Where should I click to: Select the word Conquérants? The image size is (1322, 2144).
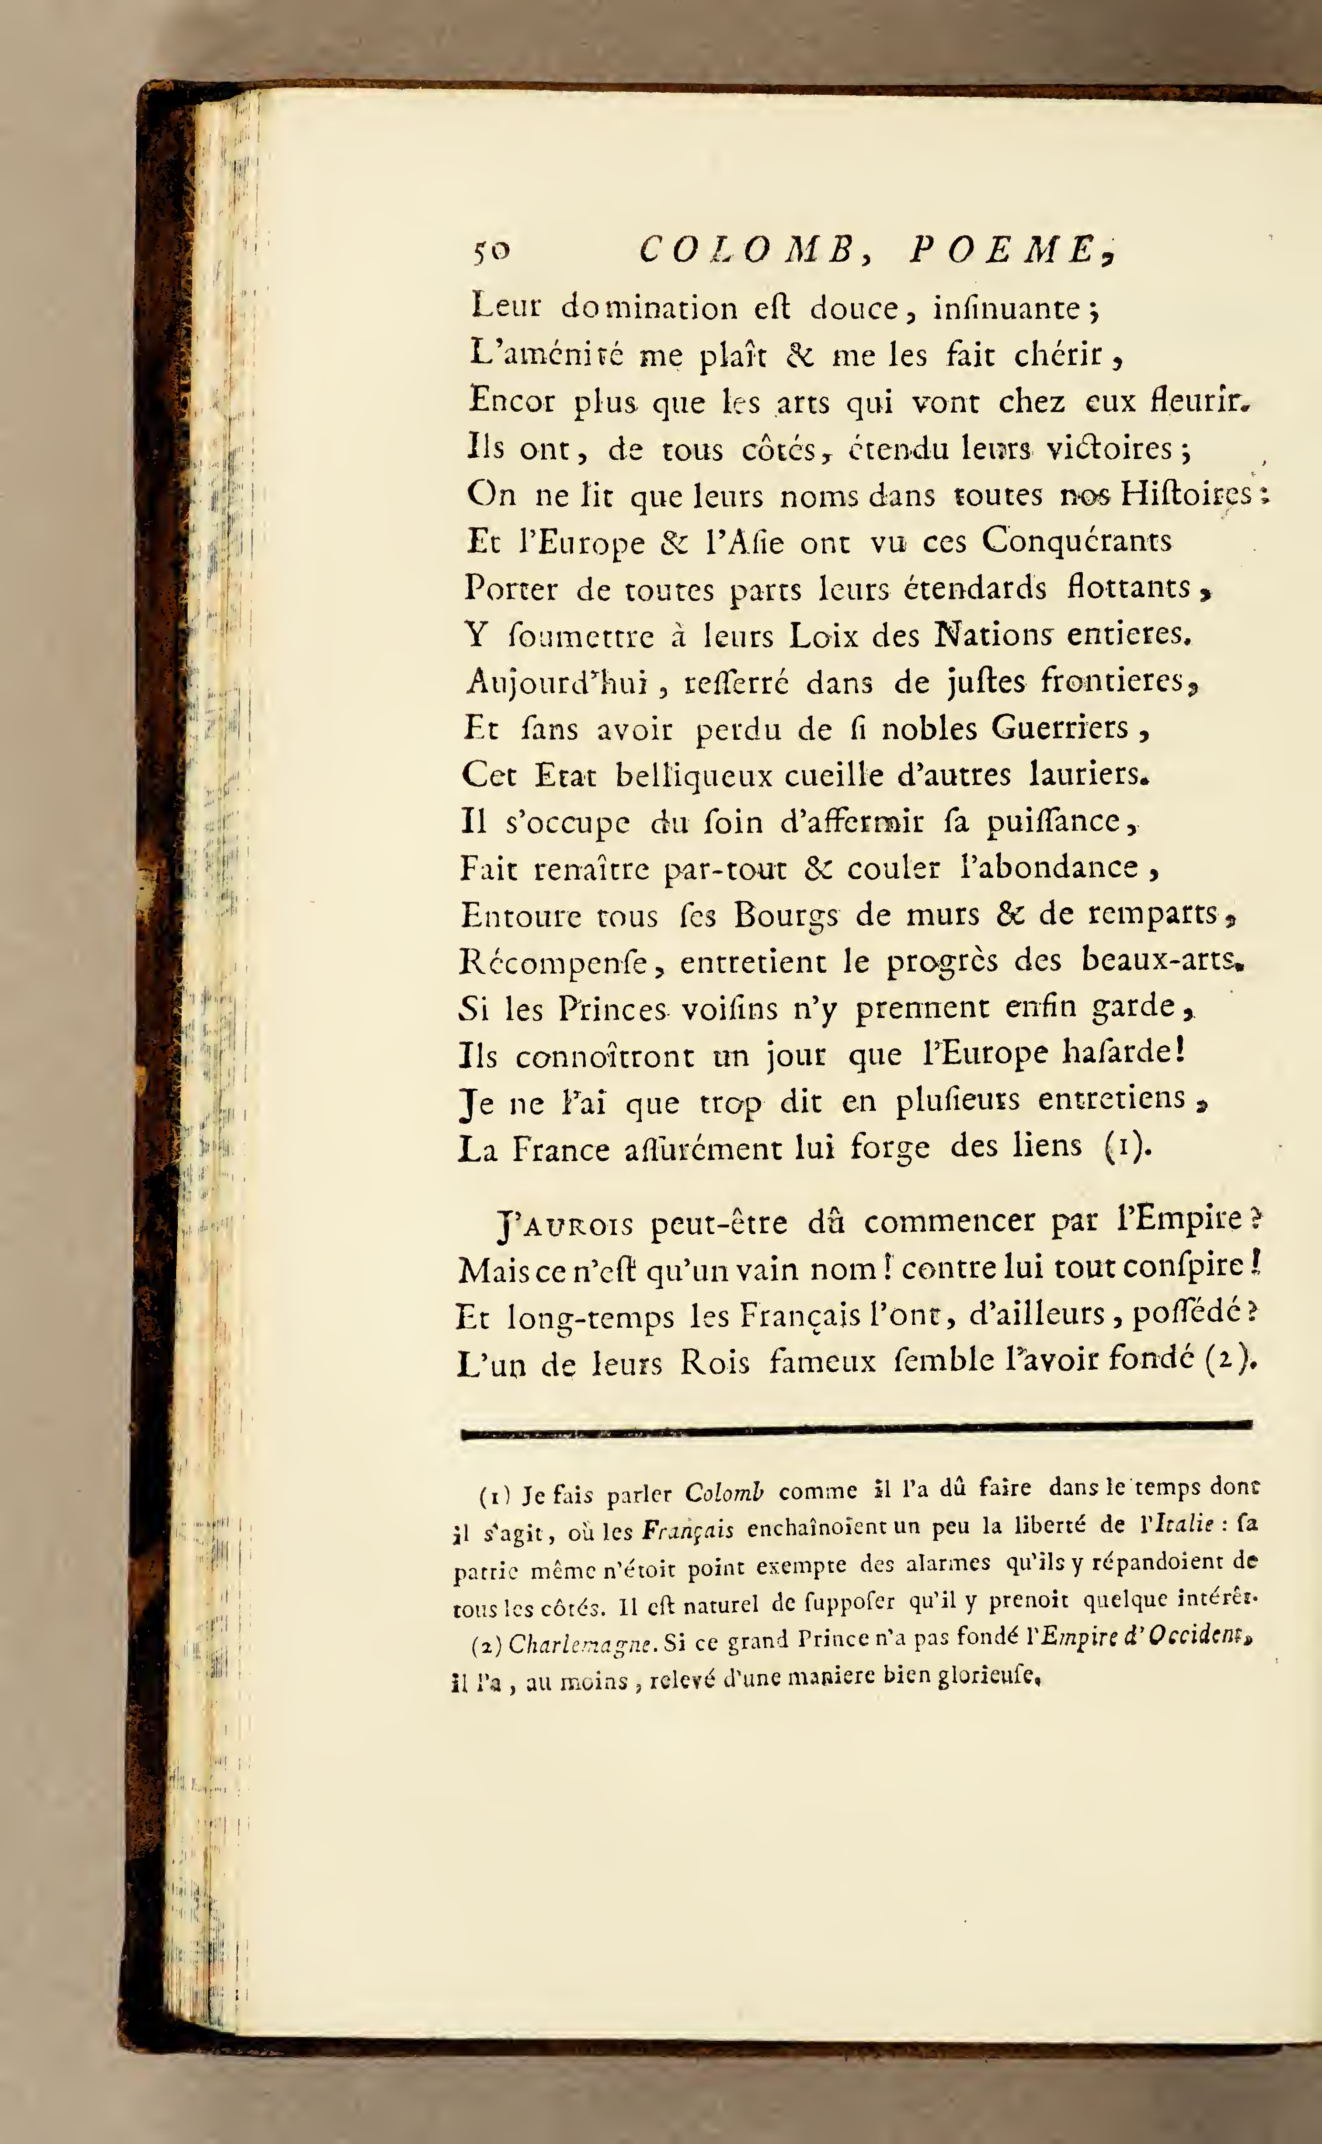[x=1076, y=540]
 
